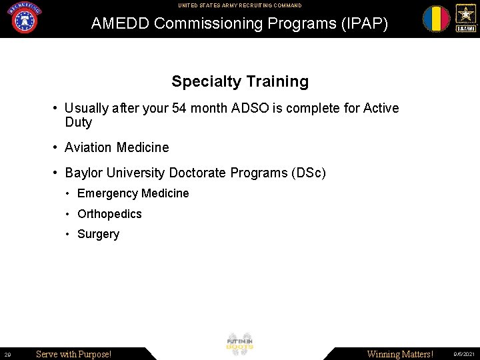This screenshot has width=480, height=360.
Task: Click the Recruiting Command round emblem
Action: point(24,18)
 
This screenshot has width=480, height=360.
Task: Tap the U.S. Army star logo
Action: point(465,18)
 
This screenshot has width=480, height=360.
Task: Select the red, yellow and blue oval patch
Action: point(436,19)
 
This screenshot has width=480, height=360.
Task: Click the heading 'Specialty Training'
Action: point(240,82)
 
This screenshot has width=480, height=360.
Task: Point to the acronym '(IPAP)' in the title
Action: point(361,23)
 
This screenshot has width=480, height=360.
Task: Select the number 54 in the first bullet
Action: point(179,108)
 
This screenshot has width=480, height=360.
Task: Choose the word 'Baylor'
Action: point(83,173)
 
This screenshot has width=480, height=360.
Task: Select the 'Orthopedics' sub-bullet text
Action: point(109,214)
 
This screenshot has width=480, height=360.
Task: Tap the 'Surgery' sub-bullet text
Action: point(98,234)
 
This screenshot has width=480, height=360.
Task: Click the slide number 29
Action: point(7,354)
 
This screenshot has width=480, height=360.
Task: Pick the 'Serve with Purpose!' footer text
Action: point(73,354)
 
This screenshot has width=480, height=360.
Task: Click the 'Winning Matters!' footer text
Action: point(400,354)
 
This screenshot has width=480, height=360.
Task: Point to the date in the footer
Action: point(464,354)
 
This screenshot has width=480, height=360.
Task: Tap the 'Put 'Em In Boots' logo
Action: point(240,343)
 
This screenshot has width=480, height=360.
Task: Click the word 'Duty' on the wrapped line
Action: point(78,123)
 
